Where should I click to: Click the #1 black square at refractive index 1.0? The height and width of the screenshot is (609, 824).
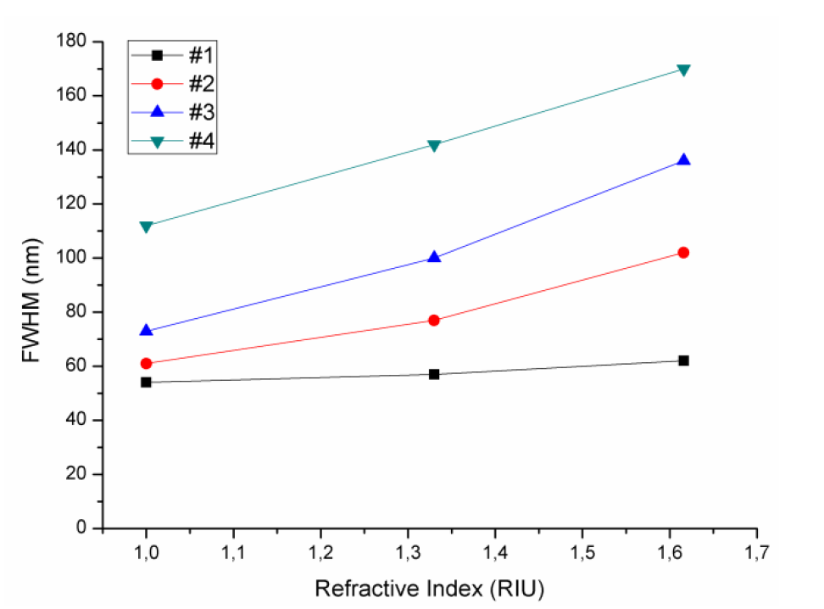(x=146, y=383)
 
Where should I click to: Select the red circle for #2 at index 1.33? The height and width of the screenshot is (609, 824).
(x=434, y=321)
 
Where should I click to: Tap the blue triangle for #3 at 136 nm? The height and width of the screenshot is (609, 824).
(x=683, y=160)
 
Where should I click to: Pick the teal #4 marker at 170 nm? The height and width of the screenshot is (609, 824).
(x=683, y=70)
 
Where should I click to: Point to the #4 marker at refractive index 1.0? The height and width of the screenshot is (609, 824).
(x=146, y=226)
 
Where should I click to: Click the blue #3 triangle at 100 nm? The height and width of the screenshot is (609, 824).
(x=434, y=257)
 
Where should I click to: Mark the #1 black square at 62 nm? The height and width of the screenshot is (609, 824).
(x=683, y=360)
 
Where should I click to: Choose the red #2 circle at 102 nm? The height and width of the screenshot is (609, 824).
(x=683, y=253)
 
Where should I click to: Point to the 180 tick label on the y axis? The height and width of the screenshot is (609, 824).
(x=77, y=41)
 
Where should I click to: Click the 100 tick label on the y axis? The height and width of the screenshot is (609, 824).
(x=77, y=258)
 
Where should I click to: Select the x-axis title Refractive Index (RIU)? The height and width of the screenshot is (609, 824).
(x=428, y=588)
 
